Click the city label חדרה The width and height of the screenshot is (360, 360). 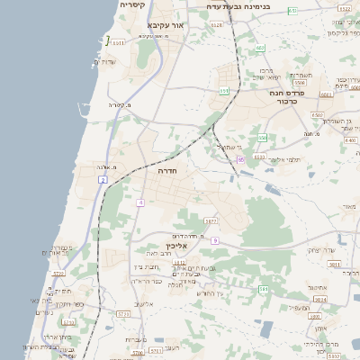[x=167, y=169]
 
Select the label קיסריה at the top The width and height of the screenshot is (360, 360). [x=133, y=4]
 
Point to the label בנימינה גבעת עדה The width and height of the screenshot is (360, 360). [x=238, y=5]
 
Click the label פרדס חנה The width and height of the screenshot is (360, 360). [x=291, y=93]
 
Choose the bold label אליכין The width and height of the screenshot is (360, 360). [x=175, y=245]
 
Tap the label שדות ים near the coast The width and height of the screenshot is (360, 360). [x=105, y=61]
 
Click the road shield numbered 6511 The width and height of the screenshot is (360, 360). [x=118, y=41]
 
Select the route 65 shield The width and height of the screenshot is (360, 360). [x=241, y=159]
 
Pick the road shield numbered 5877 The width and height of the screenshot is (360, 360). [x=211, y=220]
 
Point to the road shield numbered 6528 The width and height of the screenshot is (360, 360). [x=217, y=26]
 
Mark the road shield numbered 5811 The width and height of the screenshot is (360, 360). [x=333, y=265]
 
